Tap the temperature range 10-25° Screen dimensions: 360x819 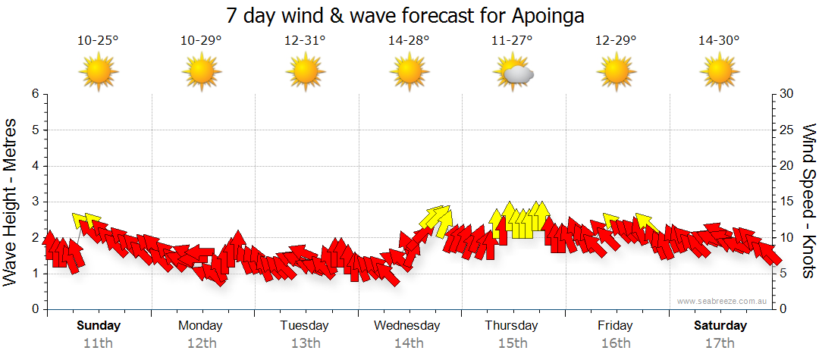pos(98,41)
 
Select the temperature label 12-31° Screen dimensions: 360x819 pos(305,41)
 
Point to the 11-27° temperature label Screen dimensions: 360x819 pos(512,41)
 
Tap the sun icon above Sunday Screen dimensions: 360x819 pos(98,73)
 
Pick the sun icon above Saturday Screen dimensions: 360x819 pos(719,73)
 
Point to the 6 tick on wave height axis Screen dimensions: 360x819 pos(34,94)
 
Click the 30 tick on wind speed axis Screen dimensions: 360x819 pos(787,94)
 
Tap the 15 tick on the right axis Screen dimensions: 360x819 pos(787,202)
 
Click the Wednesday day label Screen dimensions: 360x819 pos(408,326)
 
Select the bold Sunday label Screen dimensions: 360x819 pos(98,326)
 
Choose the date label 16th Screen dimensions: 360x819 pos(615,343)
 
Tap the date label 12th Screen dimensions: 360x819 pos(201,343)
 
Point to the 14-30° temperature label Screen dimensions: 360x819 pos(719,41)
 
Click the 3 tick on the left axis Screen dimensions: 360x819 pos(34,202)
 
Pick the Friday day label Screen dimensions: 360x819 pos(615,326)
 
